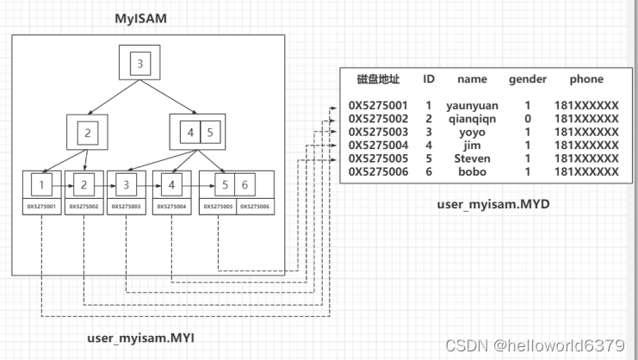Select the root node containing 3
click(140, 62)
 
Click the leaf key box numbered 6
click(245, 183)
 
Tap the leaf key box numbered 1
click(42, 183)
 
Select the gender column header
click(527, 79)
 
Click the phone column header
click(586, 79)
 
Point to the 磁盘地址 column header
click(379, 79)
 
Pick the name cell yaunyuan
click(472, 105)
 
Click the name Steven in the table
click(472, 158)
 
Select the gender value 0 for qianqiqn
click(527, 119)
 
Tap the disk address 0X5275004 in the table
click(380, 146)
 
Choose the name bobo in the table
click(472, 172)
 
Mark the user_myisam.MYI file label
click(141, 337)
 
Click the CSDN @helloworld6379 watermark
click(535, 344)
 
